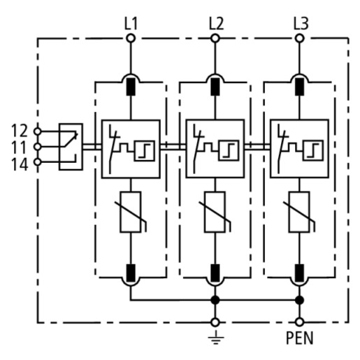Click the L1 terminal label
click(131, 24)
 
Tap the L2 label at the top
click(216, 24)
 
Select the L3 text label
click(301, 24)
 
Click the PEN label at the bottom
click(299, 338)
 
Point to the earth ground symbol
click(215, 337)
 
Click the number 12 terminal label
click(20, 131)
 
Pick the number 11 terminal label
click(20, 147)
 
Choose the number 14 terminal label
click(20, 164)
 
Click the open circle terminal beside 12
click(37, 131)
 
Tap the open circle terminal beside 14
click(37, 161)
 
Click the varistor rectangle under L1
click(131, 212)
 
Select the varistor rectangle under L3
click(299, 212)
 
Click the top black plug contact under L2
click(215, 87)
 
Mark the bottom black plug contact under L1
click(131, 273)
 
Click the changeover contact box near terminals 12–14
click(71, 147)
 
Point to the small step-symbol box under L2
click(229, 150)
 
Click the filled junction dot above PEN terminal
click(299, 300)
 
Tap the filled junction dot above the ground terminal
click(215, 300)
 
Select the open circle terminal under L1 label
click(131, 38)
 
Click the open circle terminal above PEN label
click(299, 322)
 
